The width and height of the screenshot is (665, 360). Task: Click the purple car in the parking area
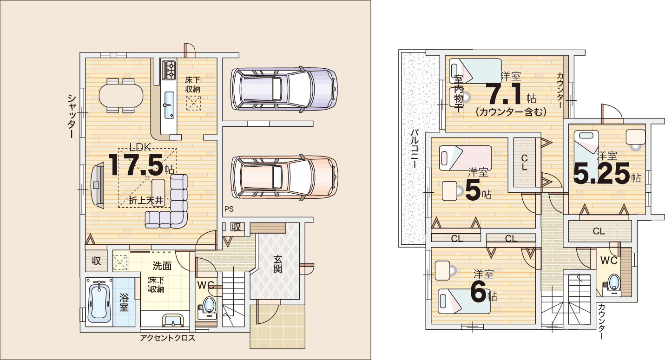click(284, 89)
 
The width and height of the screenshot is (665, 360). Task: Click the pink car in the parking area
click(284, 177)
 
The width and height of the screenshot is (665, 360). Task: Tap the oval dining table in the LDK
click(121, 96)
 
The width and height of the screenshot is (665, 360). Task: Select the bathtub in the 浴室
click(99, 302)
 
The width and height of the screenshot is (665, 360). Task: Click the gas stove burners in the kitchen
click(169, 70)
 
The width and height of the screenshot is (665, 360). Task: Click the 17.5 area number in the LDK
click(136, 165)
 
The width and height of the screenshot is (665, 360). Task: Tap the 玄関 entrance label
click(277, 264)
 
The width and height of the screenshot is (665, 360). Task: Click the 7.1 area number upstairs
click(505, 93)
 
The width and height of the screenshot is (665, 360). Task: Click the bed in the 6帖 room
click(464, 301)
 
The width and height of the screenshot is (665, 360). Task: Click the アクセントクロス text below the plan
click(167, 338)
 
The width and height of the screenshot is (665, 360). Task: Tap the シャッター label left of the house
click(72, 116)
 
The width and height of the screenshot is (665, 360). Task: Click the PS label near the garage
click(229, 209)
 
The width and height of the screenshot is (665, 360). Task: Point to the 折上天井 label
click(146, 201)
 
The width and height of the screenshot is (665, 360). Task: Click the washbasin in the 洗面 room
click(173, 321)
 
